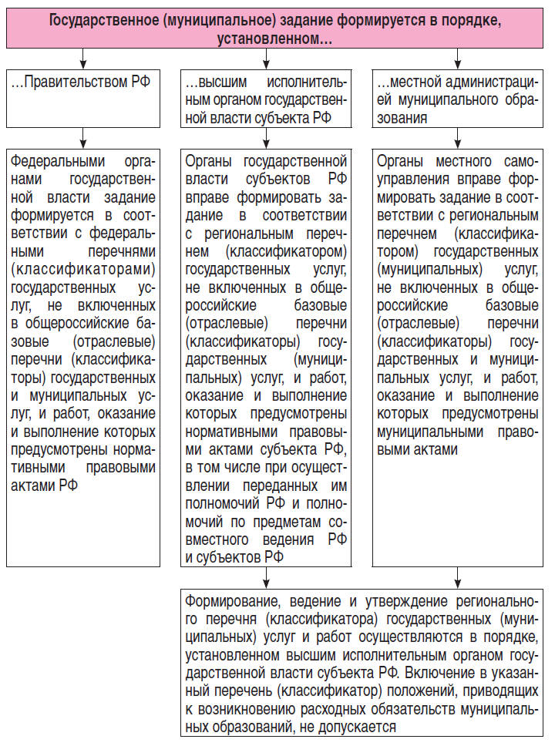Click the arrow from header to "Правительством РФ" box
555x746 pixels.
pyautogui.click(x=84, y=58)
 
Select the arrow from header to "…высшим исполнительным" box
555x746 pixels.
pyautogui.click(x=267, y=58)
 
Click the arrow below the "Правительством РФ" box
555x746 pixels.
pyautogui.click(x=84, y=137)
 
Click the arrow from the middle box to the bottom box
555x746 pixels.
pyautogui.click(x=267, y=577)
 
